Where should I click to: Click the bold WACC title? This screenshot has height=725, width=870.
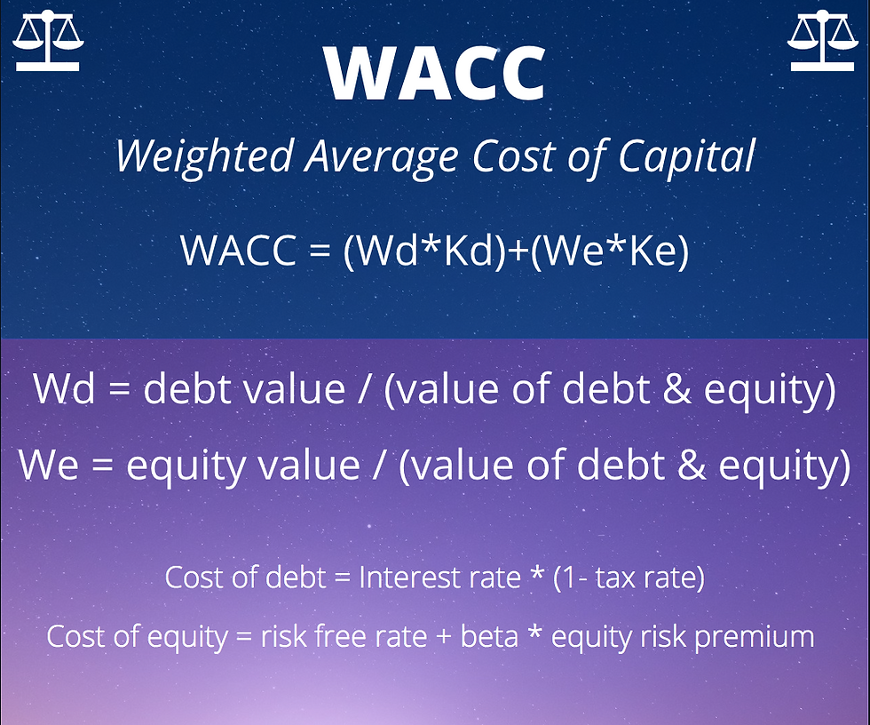(x=436, y=73)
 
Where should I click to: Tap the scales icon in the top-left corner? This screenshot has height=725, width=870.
(x=48, y=41)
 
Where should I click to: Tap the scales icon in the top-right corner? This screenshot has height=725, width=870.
(x=822, y=41)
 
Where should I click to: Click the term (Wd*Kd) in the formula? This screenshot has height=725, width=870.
(x=425, y=250)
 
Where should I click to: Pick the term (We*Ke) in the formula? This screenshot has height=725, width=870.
(x=610, y=250)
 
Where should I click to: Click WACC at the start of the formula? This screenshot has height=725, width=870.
(x=239, y=250)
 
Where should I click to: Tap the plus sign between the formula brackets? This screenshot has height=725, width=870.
(x=518, y=251)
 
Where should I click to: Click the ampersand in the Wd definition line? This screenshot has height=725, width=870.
(x=677, y=388)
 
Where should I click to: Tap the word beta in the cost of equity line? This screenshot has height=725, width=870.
(x=489, y=636)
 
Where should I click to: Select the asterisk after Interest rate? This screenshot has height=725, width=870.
(x=536, y=573)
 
